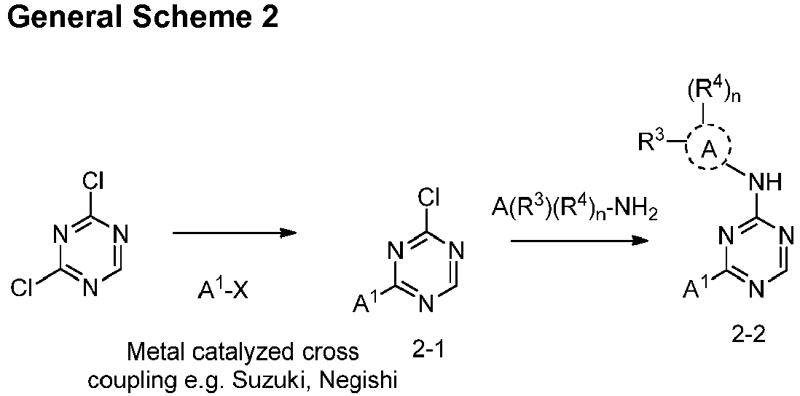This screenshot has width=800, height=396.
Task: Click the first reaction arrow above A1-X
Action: (234, 233)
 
